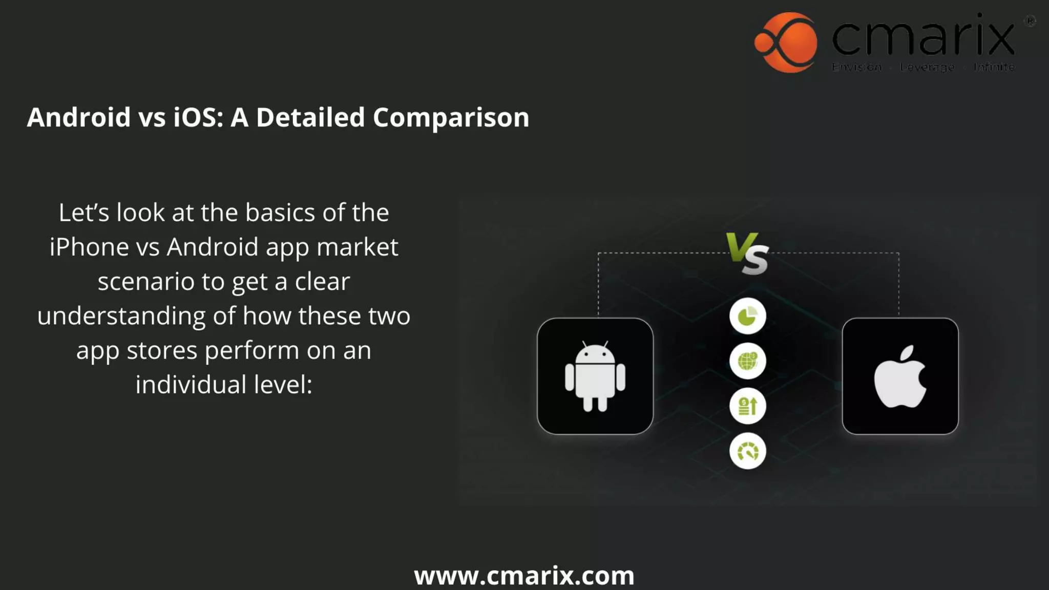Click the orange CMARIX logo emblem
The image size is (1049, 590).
[x=786, y=42]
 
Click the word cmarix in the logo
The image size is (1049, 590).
[x=923, y=36]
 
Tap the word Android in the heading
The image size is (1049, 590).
[x=79, y=117]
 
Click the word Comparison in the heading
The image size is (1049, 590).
[x=451, y=117]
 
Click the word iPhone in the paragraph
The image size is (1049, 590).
[x=89, y=247]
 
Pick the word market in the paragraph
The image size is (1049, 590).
[x=357, y=247]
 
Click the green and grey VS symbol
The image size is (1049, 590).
[x=748, y=254]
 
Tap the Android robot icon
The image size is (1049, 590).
[x=595, y=376]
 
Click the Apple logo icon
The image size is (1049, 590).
[x=900, y=376]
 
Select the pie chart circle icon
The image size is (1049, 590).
[x=747, y=316]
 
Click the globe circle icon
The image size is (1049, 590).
[x=747, y=361]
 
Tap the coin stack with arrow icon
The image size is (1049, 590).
[x=747, y=406]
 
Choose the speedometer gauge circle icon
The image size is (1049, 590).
[x=747, y=451]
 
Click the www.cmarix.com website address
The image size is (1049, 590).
[x=524, y=576]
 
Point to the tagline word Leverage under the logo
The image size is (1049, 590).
[x=927, y=67]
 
